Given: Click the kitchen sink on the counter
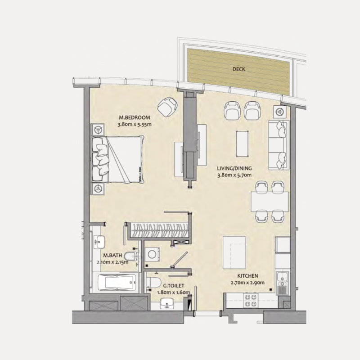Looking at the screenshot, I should pyautogui.click(x=282, y=282).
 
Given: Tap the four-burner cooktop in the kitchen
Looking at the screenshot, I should pyautogui.click(x=250, y=301).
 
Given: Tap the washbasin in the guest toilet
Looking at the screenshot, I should pyautogui.click(x=167, y=306).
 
